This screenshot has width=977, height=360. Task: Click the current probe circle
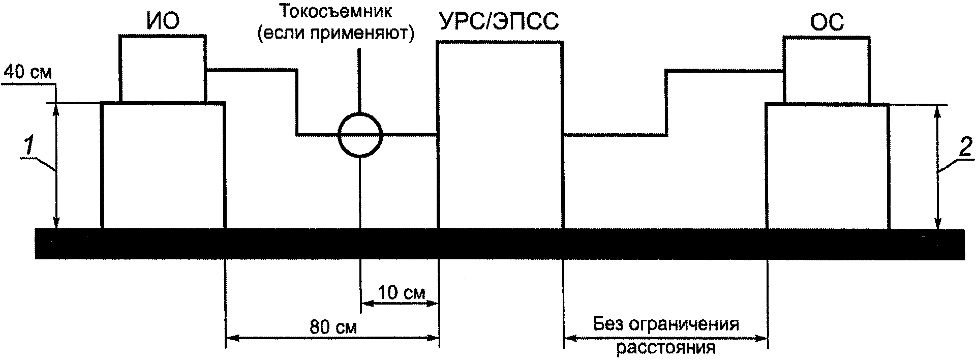pos(360,134)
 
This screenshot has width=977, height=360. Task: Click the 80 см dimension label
pos(333,326)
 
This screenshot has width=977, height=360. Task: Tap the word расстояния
pos(666,348)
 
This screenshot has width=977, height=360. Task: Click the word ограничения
pos(684,324)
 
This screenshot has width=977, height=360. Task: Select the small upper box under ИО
pos(162,69)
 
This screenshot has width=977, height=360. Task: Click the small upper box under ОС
pos(827,70)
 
